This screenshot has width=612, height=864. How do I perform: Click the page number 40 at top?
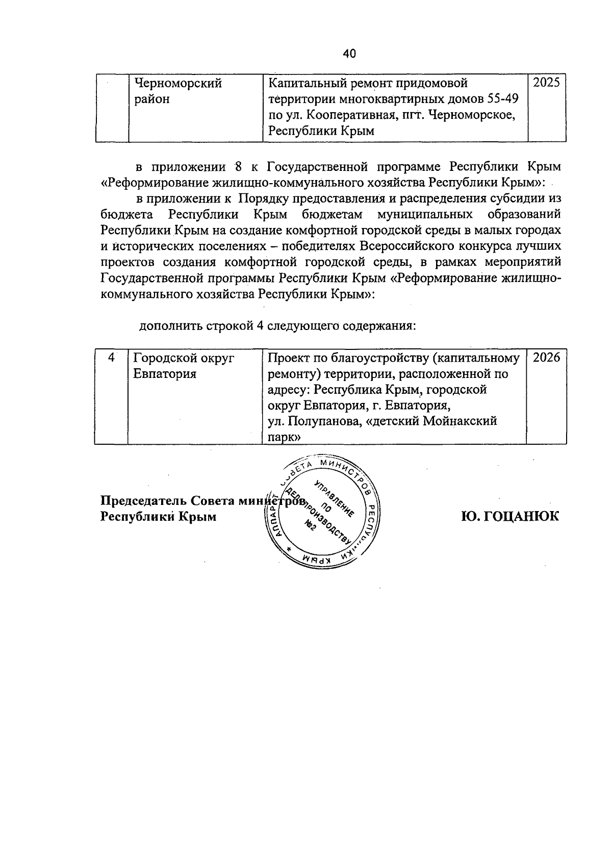click(x=349, y=54)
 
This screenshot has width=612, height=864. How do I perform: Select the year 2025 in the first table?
click(x=546, y=83)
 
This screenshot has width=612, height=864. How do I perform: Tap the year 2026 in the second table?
click(x=546, y=358)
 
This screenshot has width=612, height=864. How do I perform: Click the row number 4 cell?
click(x=111, y=358)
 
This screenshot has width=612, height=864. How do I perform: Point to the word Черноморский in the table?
click(x=177, y=83)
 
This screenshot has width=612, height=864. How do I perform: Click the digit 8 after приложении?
click(x=236, y=167)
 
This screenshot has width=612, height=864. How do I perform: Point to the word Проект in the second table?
click(x=290, y=358)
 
